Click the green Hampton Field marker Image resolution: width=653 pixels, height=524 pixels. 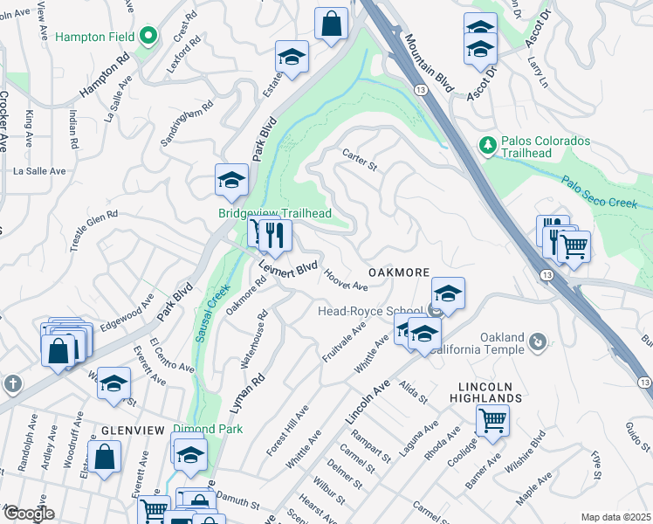[148, 36]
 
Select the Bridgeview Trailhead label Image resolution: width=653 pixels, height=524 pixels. [262, 213]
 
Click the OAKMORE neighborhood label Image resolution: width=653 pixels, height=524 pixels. [399, 273]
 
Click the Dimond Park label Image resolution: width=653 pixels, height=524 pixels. [207, 430]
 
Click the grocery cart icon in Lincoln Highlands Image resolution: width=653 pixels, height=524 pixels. [492, 420]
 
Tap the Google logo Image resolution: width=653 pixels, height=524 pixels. [28, 514]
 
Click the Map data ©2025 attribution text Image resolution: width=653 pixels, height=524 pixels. [615, 517]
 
